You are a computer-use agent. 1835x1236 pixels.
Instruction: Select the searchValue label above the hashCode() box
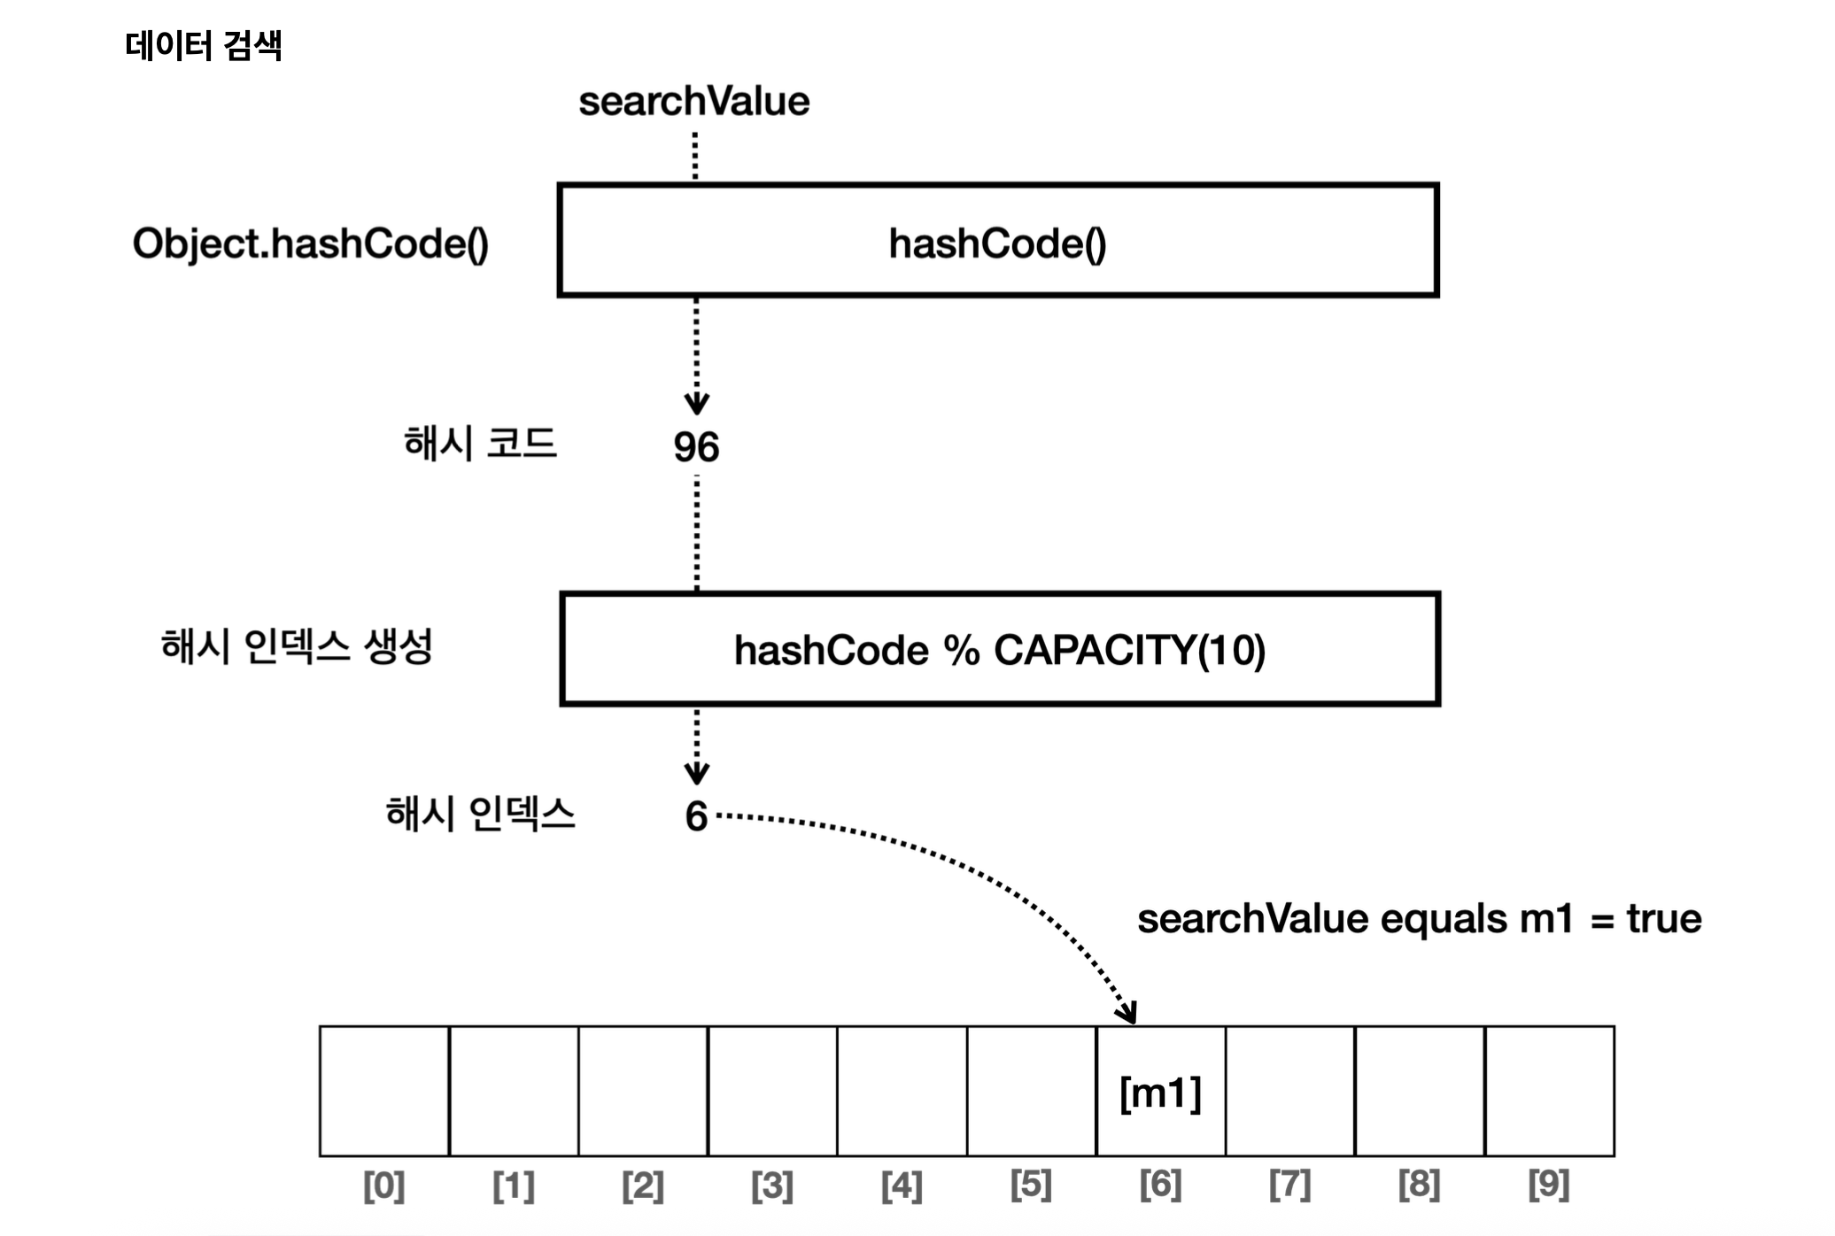click(x=693, y=102)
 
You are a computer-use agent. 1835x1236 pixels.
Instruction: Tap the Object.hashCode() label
click(x=310, y=243)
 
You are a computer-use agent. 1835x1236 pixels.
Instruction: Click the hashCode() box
click(x=997, y=241)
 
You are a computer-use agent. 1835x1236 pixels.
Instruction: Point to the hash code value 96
click(x=696, y=447)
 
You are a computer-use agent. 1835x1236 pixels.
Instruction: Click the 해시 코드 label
click(x=480, y=443)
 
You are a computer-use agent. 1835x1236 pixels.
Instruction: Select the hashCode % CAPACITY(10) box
click(x=999, y=649)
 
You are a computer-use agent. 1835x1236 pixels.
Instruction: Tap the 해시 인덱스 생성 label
click(x=297, y=645)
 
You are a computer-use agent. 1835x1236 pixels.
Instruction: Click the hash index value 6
click(x=696, y=816)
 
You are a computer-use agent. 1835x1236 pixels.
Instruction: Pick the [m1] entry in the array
click(x=1160, y=1093)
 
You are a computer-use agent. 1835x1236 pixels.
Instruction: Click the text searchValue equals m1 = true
click(x=1419, y=919)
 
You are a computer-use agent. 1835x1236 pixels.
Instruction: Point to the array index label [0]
click(x=384, y=1186)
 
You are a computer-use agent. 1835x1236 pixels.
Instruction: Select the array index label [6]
click(x=1160, y=1186)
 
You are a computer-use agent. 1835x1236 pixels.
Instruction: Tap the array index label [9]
click(x=1549, y=1186)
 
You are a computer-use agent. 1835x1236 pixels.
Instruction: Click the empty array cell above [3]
click(x=772, y=1091)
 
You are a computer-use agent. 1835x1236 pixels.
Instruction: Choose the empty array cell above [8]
click(x=1420, y=1091)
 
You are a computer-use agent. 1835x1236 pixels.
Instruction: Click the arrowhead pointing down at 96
click(x=697, y=404)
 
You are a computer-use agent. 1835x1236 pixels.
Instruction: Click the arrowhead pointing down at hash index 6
click(x=697, y=773)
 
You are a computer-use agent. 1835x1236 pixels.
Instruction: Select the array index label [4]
click(x=902, y=1186)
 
